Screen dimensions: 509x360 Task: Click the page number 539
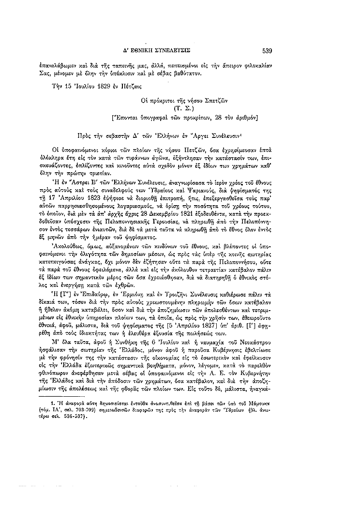[268, 49]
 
